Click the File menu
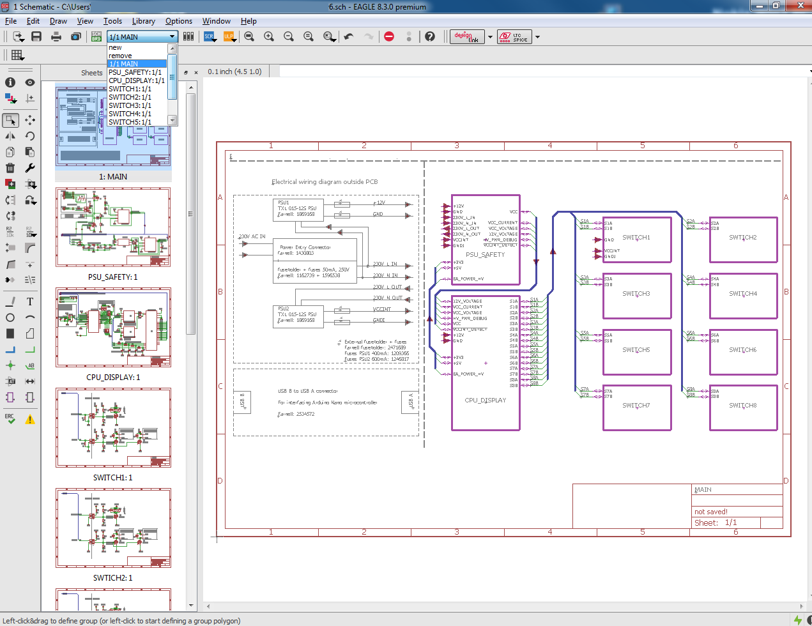11,21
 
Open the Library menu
143,21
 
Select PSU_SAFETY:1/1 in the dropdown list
135,72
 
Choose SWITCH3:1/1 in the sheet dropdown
130,105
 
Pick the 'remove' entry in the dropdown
120,56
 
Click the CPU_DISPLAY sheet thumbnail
113,328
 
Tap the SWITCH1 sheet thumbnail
113,427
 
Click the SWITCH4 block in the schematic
743,294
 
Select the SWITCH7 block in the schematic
636,406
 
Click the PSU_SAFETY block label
485,255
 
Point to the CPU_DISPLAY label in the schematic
485,401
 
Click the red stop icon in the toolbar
389,36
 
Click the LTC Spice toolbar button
514,37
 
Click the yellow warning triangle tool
30,420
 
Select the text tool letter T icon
30,302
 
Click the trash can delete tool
10,168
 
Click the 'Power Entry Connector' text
305,247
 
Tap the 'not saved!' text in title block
711,512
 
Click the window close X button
800,6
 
